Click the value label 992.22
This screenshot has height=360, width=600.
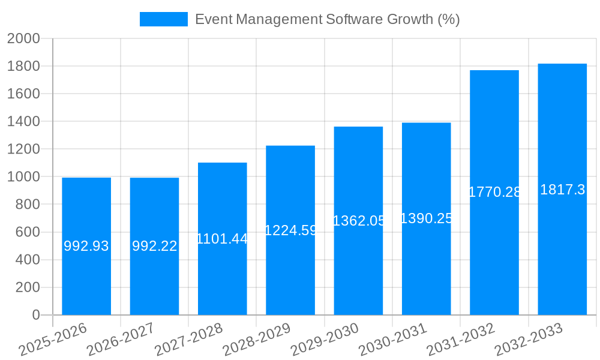154,246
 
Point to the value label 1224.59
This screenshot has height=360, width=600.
290,230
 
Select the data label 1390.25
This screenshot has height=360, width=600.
426,218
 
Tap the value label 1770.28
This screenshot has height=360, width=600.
494,192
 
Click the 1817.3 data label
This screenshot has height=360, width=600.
562,190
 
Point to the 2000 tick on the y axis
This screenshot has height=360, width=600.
23,38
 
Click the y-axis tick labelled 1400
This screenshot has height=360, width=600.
23,121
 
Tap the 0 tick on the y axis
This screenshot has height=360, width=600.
36,315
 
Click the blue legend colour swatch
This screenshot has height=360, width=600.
164,19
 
